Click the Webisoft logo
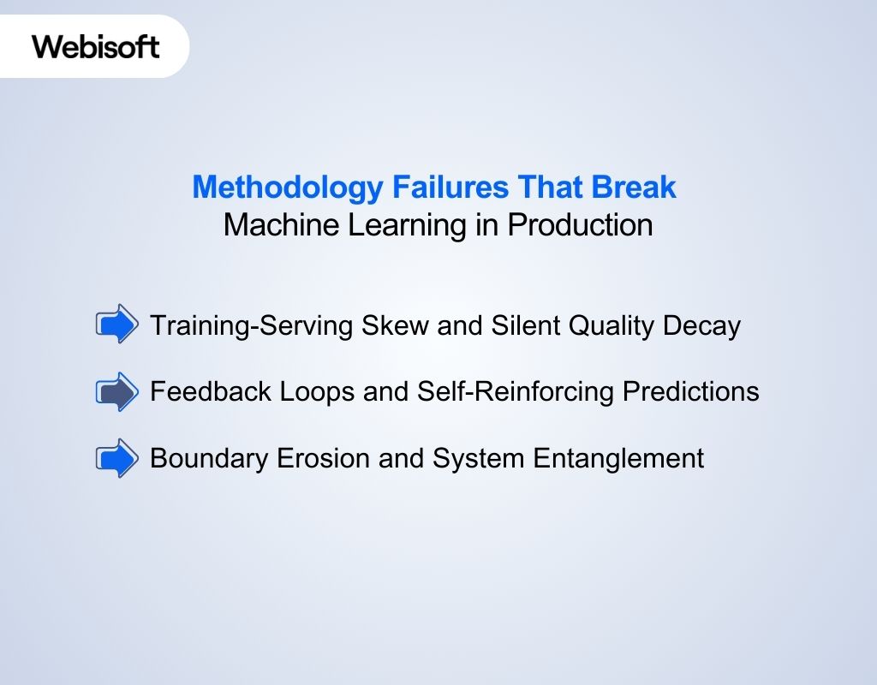coord(96,46)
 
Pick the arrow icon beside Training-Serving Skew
coord(116,325)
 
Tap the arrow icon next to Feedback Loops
coord(116,391)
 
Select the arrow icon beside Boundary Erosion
coord(116,458)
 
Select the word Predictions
coord(690,392)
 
